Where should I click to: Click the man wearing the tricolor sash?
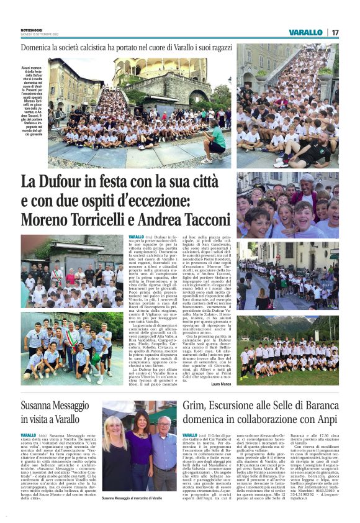74,344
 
